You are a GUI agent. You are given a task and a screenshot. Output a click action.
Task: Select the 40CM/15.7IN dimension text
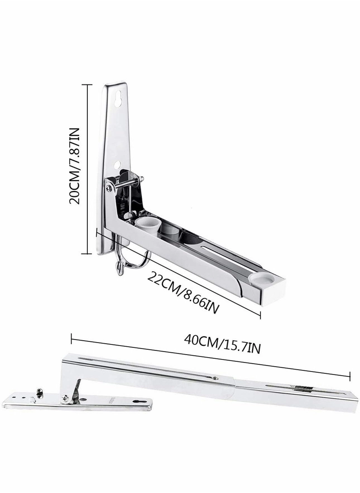(x=222, y=346)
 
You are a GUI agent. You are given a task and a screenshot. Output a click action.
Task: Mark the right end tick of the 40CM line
(x=350, y=377)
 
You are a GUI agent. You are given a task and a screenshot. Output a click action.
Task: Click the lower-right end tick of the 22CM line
(x=260, y=315)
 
